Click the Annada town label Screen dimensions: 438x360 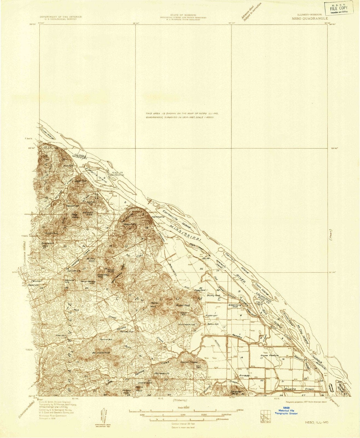tap(244, 375)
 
